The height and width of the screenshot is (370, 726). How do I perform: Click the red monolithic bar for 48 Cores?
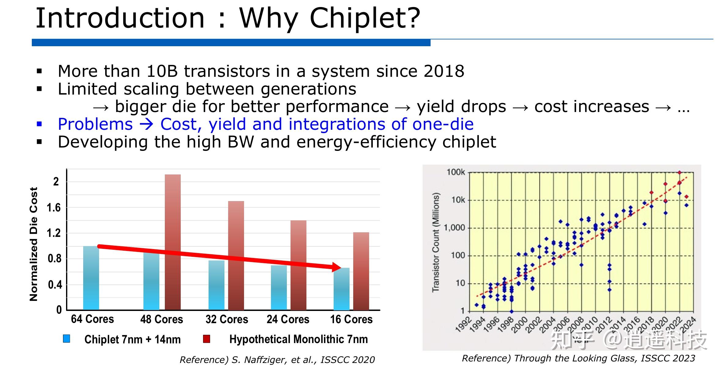[x=173, y=242]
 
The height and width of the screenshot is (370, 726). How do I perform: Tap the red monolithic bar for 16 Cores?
[x=361, y=271]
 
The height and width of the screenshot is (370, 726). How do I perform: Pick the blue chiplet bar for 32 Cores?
[x=217, y=285]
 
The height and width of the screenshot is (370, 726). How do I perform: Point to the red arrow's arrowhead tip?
[x=341, y=267]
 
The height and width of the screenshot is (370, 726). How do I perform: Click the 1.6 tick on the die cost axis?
[x=54, y=208]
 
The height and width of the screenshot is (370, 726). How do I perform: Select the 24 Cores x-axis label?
[x=288, y=319]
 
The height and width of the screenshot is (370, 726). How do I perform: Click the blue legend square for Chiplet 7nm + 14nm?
[x=66, y=338]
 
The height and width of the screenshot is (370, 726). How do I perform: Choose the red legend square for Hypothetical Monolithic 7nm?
[x=207, y=338]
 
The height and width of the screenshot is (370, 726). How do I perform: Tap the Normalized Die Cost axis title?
[x=34, y=244]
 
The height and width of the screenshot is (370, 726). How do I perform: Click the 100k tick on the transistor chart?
[x=456, y=172]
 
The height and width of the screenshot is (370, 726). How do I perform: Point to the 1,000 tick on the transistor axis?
[x=454, y=228]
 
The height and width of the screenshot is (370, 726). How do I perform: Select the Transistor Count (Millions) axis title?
[x=435, y=242]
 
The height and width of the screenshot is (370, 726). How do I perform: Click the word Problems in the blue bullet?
[x=95, y=124]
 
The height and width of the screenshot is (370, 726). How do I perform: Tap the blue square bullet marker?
[x=39, y=124]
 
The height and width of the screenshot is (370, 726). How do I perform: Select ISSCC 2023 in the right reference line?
[x=668, y=358]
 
